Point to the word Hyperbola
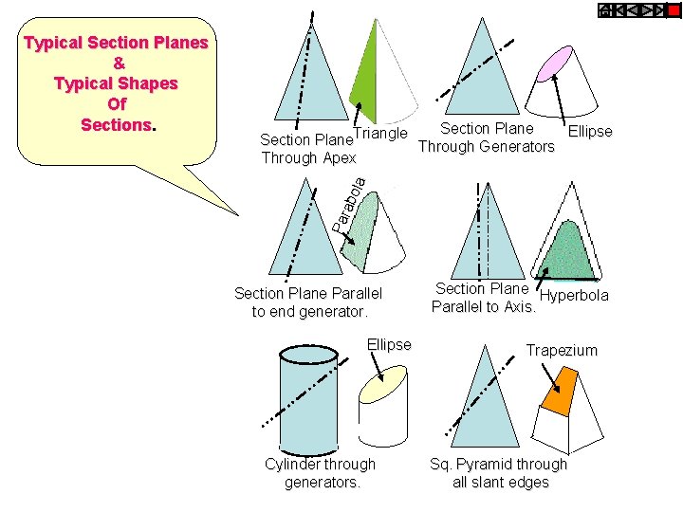pos(574,296)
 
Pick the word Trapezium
pos(562,350)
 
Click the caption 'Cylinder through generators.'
pos(320,473)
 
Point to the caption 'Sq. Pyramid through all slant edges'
pos(498,473)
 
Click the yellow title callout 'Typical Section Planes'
pos(117,83)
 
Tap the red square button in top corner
pos(674,10)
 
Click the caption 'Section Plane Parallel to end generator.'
pos(308,302)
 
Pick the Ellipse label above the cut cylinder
pos(389,344)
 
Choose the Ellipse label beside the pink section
pos(589,132)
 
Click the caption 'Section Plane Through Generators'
pos(487,137)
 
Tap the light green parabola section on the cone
pos(362,229)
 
